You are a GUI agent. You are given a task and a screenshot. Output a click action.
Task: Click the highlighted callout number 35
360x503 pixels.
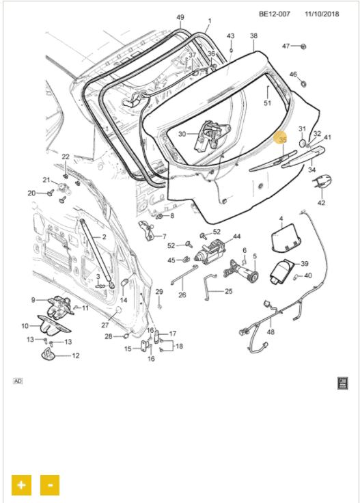283,140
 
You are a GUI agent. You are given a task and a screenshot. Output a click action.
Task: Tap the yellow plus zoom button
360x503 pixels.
21,485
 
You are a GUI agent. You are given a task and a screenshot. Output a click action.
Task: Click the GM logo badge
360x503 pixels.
343,383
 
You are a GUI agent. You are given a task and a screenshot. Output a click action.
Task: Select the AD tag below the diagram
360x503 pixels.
18,381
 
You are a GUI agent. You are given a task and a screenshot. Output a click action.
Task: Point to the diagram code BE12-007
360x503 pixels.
275,14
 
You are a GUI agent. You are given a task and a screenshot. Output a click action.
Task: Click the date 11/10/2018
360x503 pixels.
322,14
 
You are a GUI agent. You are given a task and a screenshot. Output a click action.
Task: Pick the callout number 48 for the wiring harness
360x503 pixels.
271,331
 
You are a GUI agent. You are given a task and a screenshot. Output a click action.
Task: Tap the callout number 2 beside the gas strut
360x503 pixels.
104,237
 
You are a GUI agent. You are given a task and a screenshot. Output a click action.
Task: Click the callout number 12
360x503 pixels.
76,355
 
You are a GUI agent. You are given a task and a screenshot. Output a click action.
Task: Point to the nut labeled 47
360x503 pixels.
303,46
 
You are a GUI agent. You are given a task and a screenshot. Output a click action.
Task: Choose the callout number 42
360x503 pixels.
321,203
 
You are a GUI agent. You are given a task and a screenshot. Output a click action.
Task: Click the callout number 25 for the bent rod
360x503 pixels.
228,291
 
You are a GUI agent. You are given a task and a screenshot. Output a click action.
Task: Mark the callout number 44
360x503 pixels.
236,236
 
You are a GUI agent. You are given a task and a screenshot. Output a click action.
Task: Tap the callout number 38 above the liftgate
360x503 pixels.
253,36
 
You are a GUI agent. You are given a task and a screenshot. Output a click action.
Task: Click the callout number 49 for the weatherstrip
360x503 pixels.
180,17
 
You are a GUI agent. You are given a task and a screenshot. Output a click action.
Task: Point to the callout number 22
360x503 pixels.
66,157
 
